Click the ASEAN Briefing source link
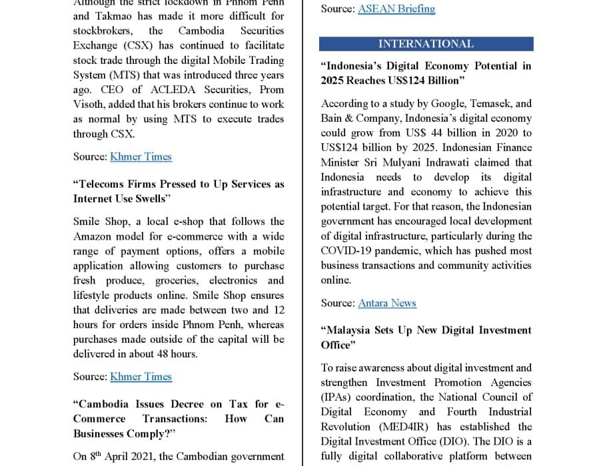pyautogui.click(x=396, y=9)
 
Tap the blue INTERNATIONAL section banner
pyautogui.click(x=426, y=44)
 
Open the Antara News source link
pyautogui.click(x=387, y=303)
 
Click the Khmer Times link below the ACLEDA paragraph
pyautogui.click(x=141, y=156)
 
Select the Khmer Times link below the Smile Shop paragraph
pyautogui.click(x=141, y=376)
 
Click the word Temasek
pyautogui.click(x=488, y=103)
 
